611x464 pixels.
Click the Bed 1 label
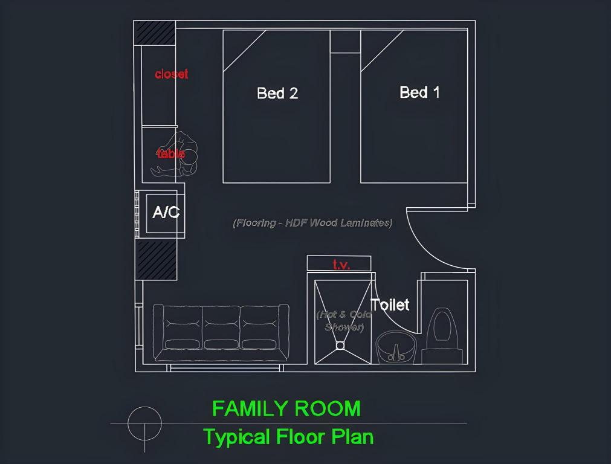[419, 92]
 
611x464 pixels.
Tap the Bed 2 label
[277, 93]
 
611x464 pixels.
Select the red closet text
[172, 74]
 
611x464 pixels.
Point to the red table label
[171, 153]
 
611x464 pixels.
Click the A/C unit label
[166, 213]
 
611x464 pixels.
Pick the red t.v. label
[341, 265]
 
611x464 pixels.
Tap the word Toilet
[390, 304]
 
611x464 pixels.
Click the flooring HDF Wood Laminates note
[312, 223]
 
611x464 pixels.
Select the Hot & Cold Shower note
[344, 321]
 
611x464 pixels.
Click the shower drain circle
[340, 346]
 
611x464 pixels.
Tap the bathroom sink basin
[396, 348]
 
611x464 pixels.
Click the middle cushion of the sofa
[221, 329]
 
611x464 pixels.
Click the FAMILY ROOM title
[286, 409]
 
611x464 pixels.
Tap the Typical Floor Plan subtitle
[288, 436]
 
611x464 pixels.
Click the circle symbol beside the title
[145, 424]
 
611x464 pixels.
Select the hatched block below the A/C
[156, 260]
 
